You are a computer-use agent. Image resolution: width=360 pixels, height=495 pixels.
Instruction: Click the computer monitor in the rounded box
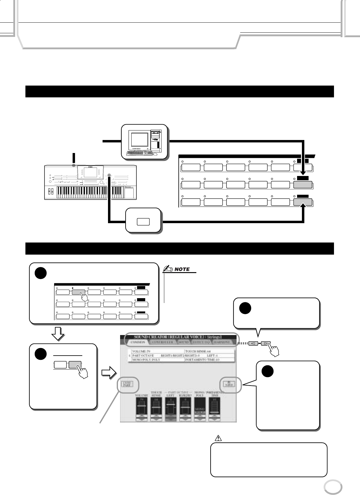pos(139,139)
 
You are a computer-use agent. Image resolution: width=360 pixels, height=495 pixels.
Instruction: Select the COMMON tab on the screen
pos(138,342)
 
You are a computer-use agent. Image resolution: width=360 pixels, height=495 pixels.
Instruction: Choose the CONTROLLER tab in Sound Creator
pos(163,342)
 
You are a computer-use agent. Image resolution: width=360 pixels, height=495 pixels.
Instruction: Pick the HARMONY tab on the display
pos(222,342)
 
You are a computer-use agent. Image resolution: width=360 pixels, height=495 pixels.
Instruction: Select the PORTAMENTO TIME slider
pos(214,409)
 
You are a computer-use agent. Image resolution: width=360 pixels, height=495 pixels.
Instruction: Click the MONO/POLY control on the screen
pos(200,409)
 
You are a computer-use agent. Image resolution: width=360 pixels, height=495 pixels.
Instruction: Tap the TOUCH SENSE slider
pos(156,409)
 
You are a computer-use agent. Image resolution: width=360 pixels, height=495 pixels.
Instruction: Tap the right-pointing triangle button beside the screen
pos(266,344)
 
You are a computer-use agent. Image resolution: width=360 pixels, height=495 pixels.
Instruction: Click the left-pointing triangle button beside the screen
pos(253,344)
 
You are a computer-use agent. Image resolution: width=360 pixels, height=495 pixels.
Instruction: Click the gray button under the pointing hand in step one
pos(79,292)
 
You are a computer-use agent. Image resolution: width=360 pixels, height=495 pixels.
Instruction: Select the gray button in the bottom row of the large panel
pos(303,202)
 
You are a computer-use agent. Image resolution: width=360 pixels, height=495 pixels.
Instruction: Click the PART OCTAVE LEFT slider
pos(171,409)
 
